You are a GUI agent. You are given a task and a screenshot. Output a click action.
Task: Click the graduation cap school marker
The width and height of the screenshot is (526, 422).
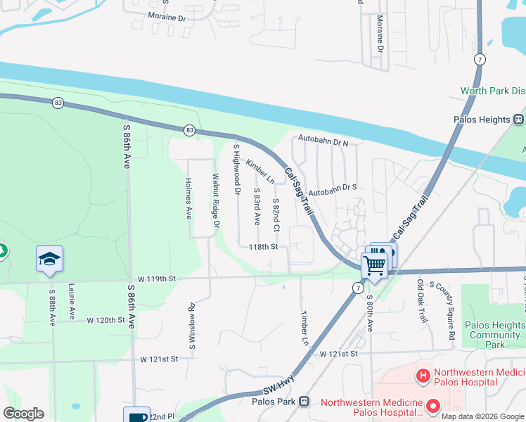(50, 260)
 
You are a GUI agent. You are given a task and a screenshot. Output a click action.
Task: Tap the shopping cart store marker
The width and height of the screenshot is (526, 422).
(374, 265)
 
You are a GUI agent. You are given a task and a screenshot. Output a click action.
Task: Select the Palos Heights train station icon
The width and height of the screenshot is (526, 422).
(519, 120)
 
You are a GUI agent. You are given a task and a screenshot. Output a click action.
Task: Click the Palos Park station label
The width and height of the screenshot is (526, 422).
(271, 402)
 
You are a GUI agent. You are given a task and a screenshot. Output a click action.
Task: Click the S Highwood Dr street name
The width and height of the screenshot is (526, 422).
(237, 169)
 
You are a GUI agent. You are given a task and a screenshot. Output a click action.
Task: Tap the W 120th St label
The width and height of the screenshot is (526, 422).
(105, 320)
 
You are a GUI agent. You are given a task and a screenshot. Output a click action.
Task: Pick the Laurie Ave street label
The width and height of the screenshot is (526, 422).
(72, 302)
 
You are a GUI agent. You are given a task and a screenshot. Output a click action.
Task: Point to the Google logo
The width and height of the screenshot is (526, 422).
(23, 414)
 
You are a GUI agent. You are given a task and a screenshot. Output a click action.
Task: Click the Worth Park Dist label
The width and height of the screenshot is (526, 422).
(493, 91)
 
